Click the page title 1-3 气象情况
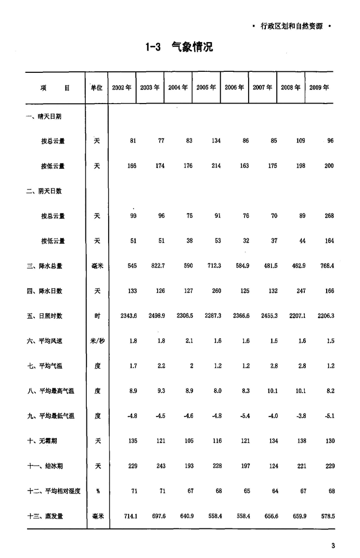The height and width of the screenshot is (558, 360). pos(179,47)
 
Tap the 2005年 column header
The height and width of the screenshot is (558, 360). pos(206,87)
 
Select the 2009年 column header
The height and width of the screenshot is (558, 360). pos(319,87)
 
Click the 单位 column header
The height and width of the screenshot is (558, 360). pos(97,87)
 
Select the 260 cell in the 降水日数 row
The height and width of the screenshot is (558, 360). pos(216,291)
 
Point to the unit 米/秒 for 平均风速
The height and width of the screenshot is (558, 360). pos(97,341)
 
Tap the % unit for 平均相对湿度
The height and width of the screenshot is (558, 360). pos(97,491)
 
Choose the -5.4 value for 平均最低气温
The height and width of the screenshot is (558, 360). pos(243,416)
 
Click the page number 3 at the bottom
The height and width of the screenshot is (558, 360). pos(332,546)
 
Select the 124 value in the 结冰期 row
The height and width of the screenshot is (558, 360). pos(272,466)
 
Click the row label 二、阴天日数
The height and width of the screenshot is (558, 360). pos(44,191)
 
